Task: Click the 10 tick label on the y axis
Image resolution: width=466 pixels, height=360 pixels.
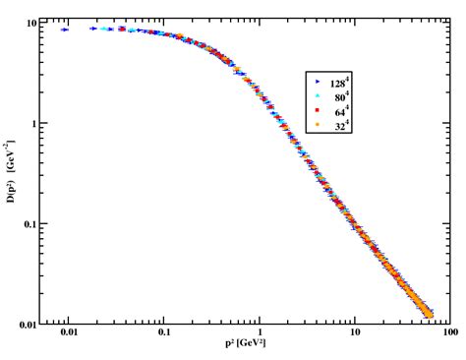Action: [x=32, y=22]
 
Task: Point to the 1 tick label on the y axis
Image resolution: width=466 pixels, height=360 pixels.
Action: [x=35, y=123]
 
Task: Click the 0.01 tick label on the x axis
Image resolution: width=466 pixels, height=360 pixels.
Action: [x=68, y=335]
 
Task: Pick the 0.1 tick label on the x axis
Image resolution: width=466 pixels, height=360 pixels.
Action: [x=164, y=335]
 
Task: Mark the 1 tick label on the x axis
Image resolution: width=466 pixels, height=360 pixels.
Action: [x=260, y=335]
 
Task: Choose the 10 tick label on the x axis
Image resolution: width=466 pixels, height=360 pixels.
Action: [x=354, y=335]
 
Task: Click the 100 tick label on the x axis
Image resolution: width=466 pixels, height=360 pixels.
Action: [x=448, y=335]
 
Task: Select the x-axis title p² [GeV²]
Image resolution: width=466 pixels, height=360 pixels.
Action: [x=246, y=346]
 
